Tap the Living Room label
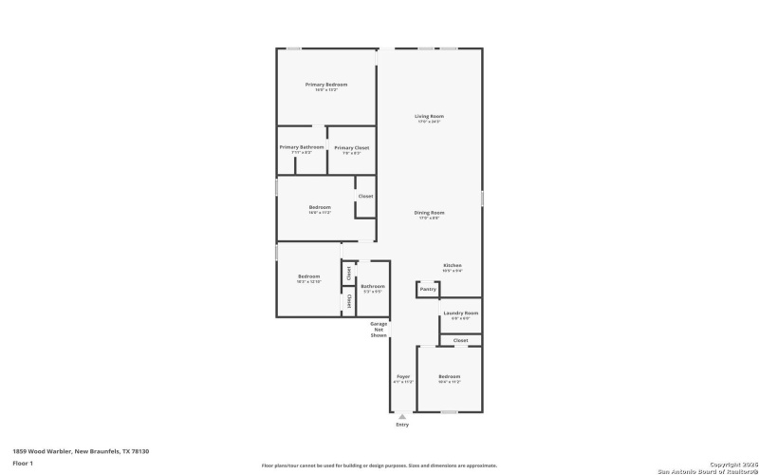pyautogui.click(x=430, y=116)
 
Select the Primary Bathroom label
pyautogui.click(x=302, y=147)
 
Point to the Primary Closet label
pyautogui.click(x=351, y=148)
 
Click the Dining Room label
pyautogui.click(x=429, y=213)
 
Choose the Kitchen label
pyautogui.click(x=453, y=265)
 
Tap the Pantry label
pyautogui.click(x=428, y=289)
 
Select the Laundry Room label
pyautogui.click(x=460, y=313)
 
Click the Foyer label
pyautogui.click(x=403, y=377)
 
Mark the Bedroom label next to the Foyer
pyautogui.click(x=449, y=377)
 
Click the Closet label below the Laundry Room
pyautogui.click(x=460, y=340)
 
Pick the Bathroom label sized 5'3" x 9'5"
pyautogui.click(x=372, y=286)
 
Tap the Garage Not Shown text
pyautogui.click(x=379, y=330)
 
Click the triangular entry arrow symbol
pyautogui.click(x=402, y=416)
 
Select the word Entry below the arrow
pyautogui.click(x=402, y=425)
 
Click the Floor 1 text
pyautogui.click(x=23, y=463)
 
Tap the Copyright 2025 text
pyautogui.click(x=728, y=465)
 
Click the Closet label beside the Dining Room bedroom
pyautogui.click(x=365, y=197)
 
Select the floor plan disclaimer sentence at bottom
pyautogui.click(x=379, y=465)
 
